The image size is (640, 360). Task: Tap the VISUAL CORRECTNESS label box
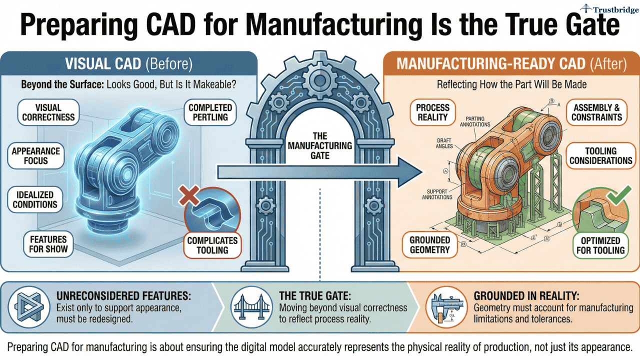click(x=48, y=112)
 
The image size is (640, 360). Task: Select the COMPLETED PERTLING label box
click(x=210, y=112)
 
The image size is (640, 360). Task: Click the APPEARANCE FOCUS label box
click(x=35, y=156)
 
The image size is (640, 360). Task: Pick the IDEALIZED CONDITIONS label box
click(x=35, y=199)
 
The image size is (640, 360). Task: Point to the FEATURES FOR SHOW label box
click(x=48, y=243)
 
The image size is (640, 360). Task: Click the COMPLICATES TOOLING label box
click(x=212, y=245)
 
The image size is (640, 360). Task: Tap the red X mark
click(x=189, y=196)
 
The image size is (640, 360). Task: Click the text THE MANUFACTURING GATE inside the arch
click(x=320, y=145)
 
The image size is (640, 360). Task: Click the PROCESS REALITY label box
click(x=432, y=112)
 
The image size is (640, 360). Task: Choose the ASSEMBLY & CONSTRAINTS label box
click(x=596, y=112)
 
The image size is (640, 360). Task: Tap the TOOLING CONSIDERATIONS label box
click(x=600, y=156)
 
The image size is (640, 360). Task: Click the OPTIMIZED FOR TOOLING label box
click(x=600, y=245)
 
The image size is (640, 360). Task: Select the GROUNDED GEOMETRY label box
click(x=430, y=245)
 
